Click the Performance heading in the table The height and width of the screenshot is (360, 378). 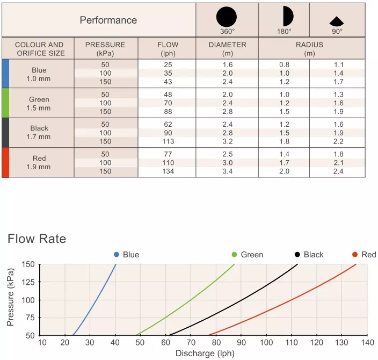(108, 20)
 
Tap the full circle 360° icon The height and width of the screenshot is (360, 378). (226, 17)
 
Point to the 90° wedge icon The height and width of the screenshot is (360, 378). (337, 21)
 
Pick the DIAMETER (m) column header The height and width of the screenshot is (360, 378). (227, 49)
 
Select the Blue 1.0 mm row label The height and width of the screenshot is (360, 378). (39, 74)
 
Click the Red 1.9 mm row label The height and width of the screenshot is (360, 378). (39, 162)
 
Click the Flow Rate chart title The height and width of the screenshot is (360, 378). (37, 239)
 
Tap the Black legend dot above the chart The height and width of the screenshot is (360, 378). (297, 254)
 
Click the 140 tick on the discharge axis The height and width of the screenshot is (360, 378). (367, 343)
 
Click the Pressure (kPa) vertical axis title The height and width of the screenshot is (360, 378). (11, 299)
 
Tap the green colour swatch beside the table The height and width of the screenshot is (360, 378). (5, 103)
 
